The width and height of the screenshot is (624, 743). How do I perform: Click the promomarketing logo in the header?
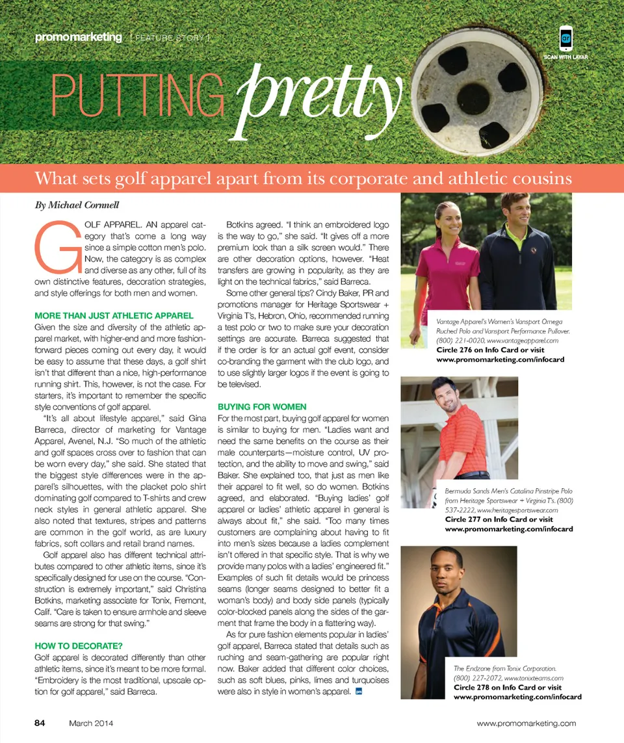click(x=79, y=38)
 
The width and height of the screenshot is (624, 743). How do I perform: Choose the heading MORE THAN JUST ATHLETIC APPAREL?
click(x=114, y=316)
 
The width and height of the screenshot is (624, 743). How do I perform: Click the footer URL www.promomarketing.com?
click(x=526, y=723)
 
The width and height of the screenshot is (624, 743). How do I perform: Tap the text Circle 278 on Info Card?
click(x=491, y=687)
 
